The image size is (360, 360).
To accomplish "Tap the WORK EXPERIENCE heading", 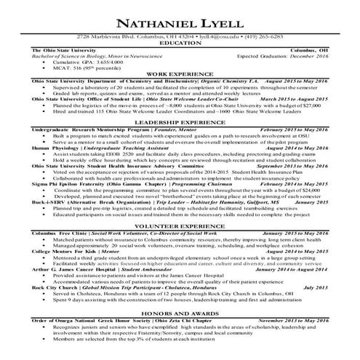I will coord(180,94).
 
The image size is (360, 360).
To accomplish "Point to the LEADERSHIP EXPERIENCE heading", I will coord(180,145).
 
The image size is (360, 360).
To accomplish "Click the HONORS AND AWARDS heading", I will coord(180,312).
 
